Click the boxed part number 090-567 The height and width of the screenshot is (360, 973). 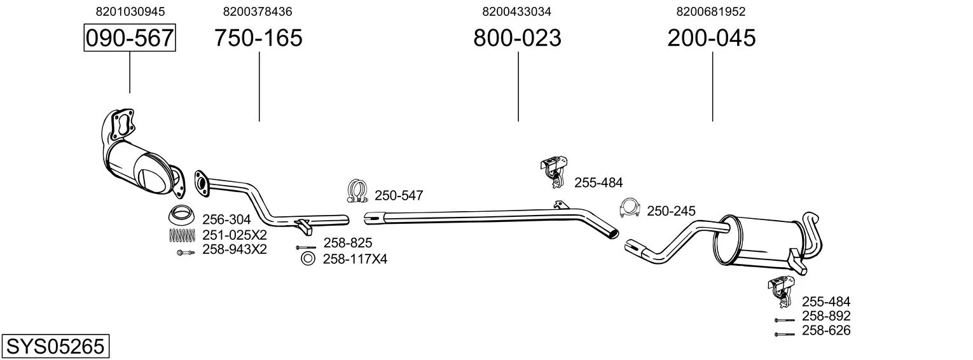[130, 38]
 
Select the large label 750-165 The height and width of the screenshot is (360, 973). [258, 38]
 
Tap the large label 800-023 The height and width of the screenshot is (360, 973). [517, 38]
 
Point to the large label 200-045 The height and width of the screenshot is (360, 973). [712, 38]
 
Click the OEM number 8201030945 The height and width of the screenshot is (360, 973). [130, 11]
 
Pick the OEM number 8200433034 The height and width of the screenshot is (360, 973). [516, 11]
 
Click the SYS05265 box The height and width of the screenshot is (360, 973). [55, 347]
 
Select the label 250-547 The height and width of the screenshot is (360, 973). [399, 196]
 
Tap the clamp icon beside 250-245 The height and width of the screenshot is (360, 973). [630, 208]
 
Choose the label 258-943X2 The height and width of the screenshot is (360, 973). [234, 249]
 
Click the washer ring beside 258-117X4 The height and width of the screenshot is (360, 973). [308, 258]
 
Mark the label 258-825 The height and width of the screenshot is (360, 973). [348, 242]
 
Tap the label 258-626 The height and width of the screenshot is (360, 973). [825, 330]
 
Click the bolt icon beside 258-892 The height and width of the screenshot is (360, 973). [784, 320]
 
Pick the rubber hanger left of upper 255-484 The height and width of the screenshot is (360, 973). [553, 170]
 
